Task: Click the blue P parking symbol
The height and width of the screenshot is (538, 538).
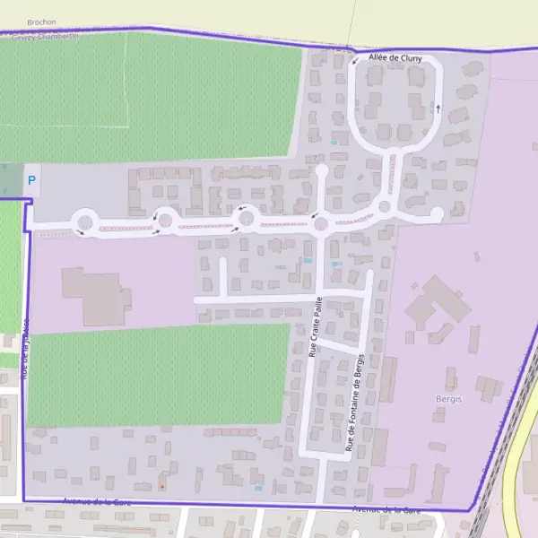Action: pos(32,180)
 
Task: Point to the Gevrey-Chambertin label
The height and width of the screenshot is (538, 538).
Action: pos(45,36)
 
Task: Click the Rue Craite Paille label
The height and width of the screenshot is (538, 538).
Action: pos(315,330)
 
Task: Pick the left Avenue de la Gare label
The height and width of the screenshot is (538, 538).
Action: pos(99,503)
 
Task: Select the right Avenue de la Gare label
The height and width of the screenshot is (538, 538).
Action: pos(386,509)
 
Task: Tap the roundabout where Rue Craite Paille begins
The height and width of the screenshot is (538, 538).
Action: pos(321,223)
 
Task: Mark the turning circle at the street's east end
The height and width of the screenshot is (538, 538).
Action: pos(437,213)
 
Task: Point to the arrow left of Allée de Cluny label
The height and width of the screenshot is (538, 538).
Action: pos(354,61)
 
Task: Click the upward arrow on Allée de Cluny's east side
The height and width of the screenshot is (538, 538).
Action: pos(438,108)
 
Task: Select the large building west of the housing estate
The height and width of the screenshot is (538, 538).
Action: pos(93,293)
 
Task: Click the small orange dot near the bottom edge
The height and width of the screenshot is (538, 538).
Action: pos(161,487)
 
